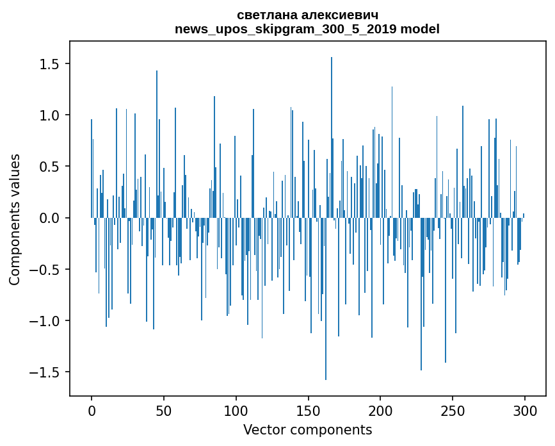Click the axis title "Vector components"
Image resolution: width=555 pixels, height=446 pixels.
(x=307, y=429)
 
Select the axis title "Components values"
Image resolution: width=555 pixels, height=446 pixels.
(x=15, y=219)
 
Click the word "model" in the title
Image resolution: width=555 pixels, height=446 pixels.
(x=423, y=29)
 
